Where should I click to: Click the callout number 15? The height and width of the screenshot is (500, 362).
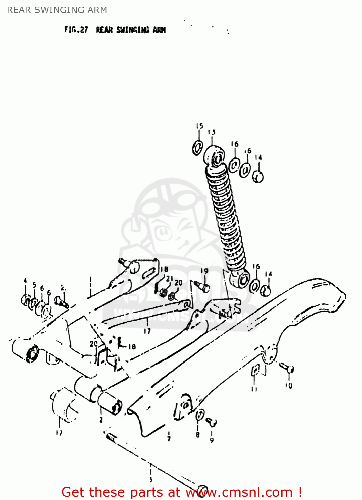pyautogui.click(x=199, y=126)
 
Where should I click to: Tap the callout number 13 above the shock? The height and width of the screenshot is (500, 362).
pyautogui.click(x=212, y=132)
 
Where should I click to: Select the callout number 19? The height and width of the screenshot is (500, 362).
pyautogui.click(x=204, y=271)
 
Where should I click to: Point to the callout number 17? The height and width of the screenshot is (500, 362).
pyautogui.click(x=147, y=331)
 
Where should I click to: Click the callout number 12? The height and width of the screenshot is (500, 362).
pyautogui.click(x=59, y=433)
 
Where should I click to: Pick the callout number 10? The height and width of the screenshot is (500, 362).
pyautogui.click(x=289, y=386)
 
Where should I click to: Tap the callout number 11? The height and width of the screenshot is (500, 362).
pyautogui.click(x=254, y=389)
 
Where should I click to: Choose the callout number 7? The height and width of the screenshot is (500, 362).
pyautogui.click(x=169, y=438)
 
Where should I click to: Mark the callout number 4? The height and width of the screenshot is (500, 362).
pyautogui.click(x=25, y=281)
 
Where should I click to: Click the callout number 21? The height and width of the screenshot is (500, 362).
pyautogui.click(x=169, y=278)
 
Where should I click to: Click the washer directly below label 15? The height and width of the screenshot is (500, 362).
pyautogui.click(x=198, y=147)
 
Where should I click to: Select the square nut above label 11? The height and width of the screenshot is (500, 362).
pyautogui.click(x=255, y=370)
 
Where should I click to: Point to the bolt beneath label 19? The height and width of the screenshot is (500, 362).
pyautogui.click(x=202, y=285)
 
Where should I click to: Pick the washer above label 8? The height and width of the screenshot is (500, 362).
pyautogui.click(x=199, y=415)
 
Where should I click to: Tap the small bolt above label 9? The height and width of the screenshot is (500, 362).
pyautogui.click(x=212, y=422)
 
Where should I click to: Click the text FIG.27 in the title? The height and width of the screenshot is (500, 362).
pyautogui.click(x=76, y=30)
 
